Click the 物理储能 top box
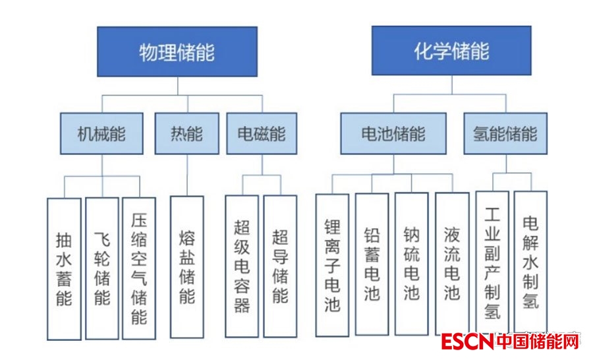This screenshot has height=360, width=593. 177,51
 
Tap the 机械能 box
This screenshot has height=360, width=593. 101,134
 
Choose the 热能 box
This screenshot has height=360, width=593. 187,134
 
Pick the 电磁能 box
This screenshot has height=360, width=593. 262,134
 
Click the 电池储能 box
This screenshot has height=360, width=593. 393,134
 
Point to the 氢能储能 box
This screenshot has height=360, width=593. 505,134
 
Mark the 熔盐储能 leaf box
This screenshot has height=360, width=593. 187,266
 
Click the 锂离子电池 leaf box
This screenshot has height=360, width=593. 332,264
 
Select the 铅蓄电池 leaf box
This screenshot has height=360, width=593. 372,264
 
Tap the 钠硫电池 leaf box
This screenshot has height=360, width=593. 412,264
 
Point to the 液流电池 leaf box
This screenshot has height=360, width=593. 452,264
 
